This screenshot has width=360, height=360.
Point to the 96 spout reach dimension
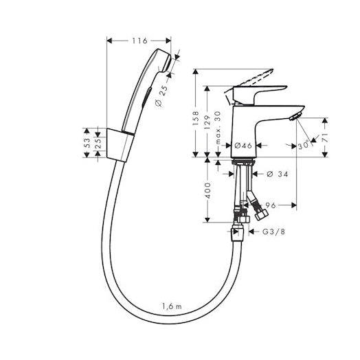pos(271,204)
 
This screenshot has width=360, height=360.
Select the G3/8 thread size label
pos(272,232)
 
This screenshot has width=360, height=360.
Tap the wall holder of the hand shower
pos(121,143)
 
